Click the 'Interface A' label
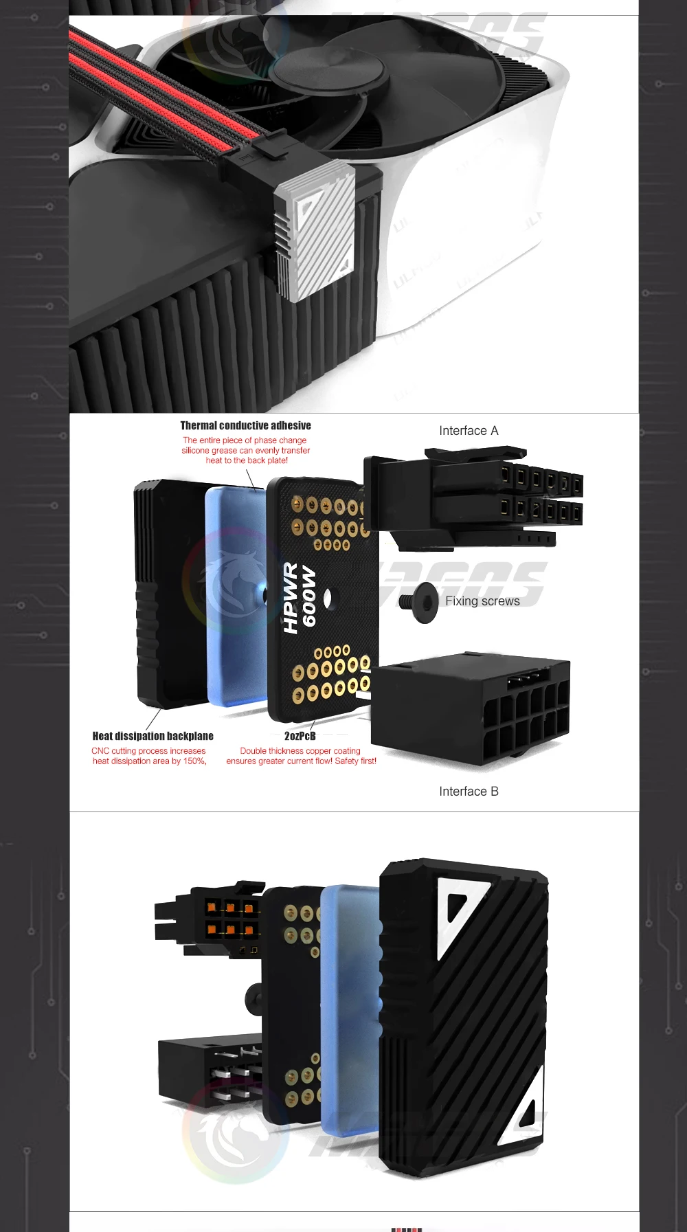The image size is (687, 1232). click(x=469, y=431)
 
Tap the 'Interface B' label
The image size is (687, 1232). click(x=469, y=792)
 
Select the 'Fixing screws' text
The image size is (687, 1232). click(x=482, y=601)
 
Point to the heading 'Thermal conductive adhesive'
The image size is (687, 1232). click(x=245, y=426)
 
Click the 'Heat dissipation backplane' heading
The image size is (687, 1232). click(x=153, y=736)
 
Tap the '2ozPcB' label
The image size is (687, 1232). click(x=300, y=736)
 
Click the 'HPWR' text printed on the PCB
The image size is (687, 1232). click(x=291, y=598)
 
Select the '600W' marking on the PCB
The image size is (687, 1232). click(x=309, y=596)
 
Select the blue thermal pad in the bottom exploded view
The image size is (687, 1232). click(x=350, y=1010)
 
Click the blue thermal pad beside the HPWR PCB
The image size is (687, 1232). click(x=234, y=594)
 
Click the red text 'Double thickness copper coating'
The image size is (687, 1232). click(x=300, y=751)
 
